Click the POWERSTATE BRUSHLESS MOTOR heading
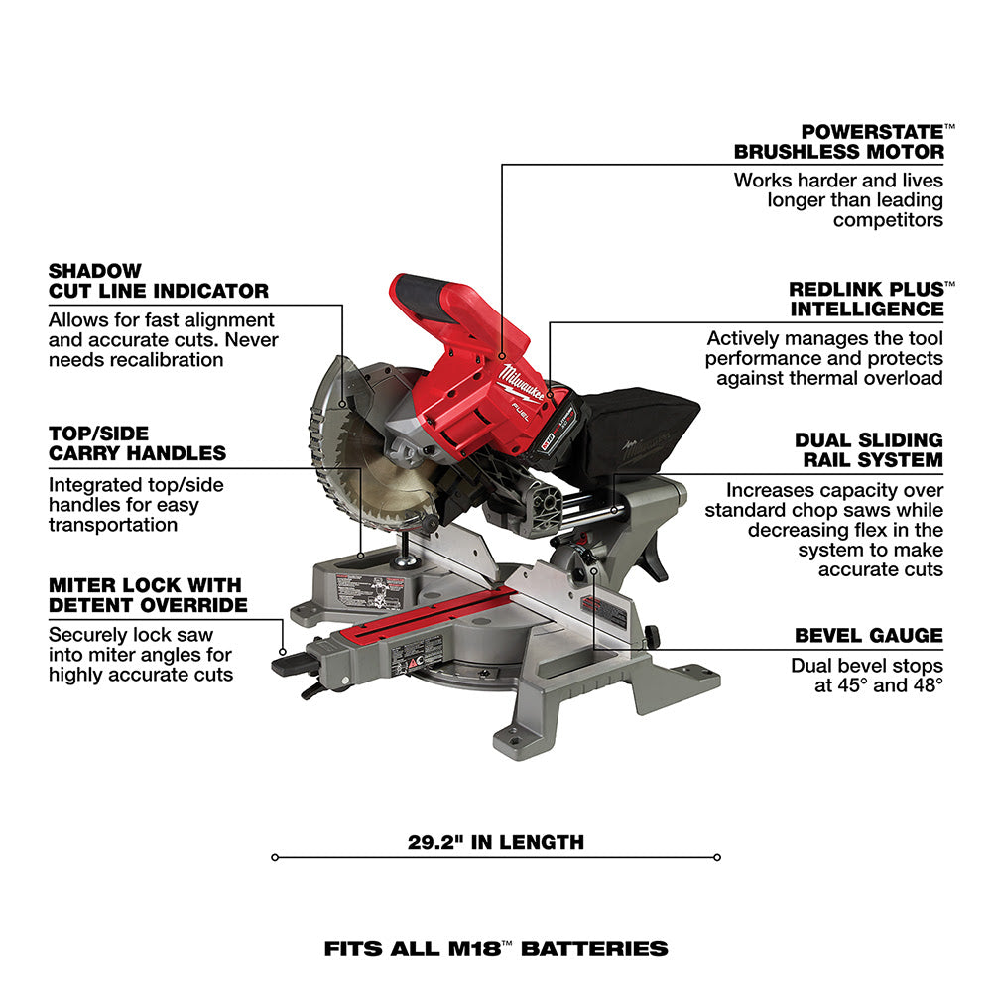838,141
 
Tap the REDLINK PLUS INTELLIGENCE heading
866,298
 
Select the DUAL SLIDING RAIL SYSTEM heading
868,449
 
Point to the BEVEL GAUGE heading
868,636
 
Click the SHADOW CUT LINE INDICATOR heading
159,281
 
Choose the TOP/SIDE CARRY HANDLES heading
137,443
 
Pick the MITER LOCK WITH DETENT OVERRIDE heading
148,595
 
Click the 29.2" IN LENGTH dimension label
495,843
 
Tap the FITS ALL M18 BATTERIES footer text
495,948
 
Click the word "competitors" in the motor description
888,220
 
